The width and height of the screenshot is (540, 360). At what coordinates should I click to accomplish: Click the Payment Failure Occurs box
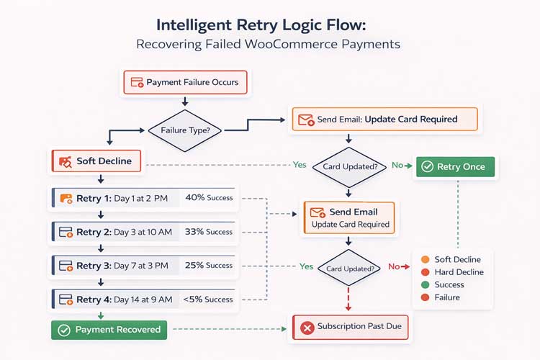186,82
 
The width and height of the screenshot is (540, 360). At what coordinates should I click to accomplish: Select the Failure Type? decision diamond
186,130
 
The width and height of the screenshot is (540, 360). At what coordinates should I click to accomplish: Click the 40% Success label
209,197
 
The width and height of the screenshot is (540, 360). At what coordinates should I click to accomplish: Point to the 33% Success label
209,232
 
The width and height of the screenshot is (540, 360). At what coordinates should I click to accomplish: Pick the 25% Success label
209,266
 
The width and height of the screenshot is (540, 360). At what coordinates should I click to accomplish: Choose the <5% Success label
208,300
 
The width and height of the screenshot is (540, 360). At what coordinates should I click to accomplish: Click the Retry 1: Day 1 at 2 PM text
122,197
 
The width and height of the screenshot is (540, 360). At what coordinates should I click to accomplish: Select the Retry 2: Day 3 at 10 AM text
123,232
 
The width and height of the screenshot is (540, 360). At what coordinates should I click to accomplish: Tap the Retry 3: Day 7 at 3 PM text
122,266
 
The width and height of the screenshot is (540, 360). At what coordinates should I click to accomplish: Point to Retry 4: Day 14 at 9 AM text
125,300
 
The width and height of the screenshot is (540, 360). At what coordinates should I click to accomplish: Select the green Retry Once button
454,166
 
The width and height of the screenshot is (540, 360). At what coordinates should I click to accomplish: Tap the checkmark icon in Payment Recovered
63,330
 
